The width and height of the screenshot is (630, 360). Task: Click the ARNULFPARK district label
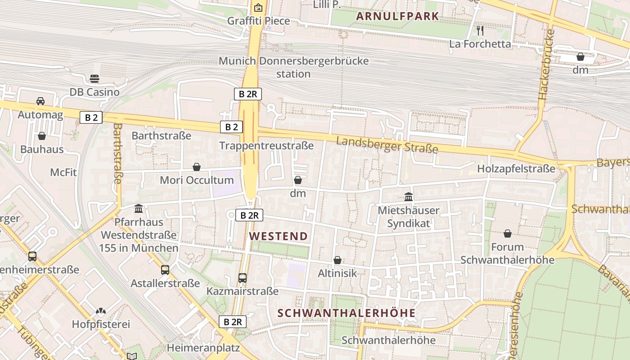pyautogui.click(x=397, y=17)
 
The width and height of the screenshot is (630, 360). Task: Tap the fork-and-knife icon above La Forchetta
pyautogui.click(x=480, y=31)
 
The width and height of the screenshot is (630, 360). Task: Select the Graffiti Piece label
pyautogui.click(x=258, y=21)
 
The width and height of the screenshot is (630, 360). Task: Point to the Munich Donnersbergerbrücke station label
pyautogui.click(x=293, y=67)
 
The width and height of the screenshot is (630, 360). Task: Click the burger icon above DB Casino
pyautogui.click(x=94, y=79)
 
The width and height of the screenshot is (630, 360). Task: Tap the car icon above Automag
pyautogui.click(x=40, y=101)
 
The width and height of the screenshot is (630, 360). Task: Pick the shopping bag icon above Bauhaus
pyautogui.click(x=42, y=135)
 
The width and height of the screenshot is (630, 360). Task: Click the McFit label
pyautogui.click(x=63, y=172)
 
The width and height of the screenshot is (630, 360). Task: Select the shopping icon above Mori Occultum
pyautogui.click(x=197, y=167)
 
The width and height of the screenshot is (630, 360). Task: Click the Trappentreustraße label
pyautogui.click(x=266, y=145)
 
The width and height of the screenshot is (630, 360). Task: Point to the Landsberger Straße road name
pyautogui.click(x=387, y=144)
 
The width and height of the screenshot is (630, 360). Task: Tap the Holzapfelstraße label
pyautogui.click(x=516, y=169)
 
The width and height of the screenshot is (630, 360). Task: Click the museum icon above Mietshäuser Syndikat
pyautogui.click(x=409, y=197)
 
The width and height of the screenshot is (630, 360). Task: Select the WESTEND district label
pyautogui.click(x=279, y=236)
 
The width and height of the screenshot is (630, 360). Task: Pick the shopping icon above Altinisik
pyautogui.click(x=337, y=260)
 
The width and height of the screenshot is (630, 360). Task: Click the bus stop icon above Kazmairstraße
pyautogui.click(x=243, y=278)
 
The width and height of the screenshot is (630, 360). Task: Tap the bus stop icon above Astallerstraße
pyautogui.click(x=165, y=270)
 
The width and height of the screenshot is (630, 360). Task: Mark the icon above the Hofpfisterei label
pyautogui.click(x=101, y=311)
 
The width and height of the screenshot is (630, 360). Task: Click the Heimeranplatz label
pyautogui.click(x=203, y=348)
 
